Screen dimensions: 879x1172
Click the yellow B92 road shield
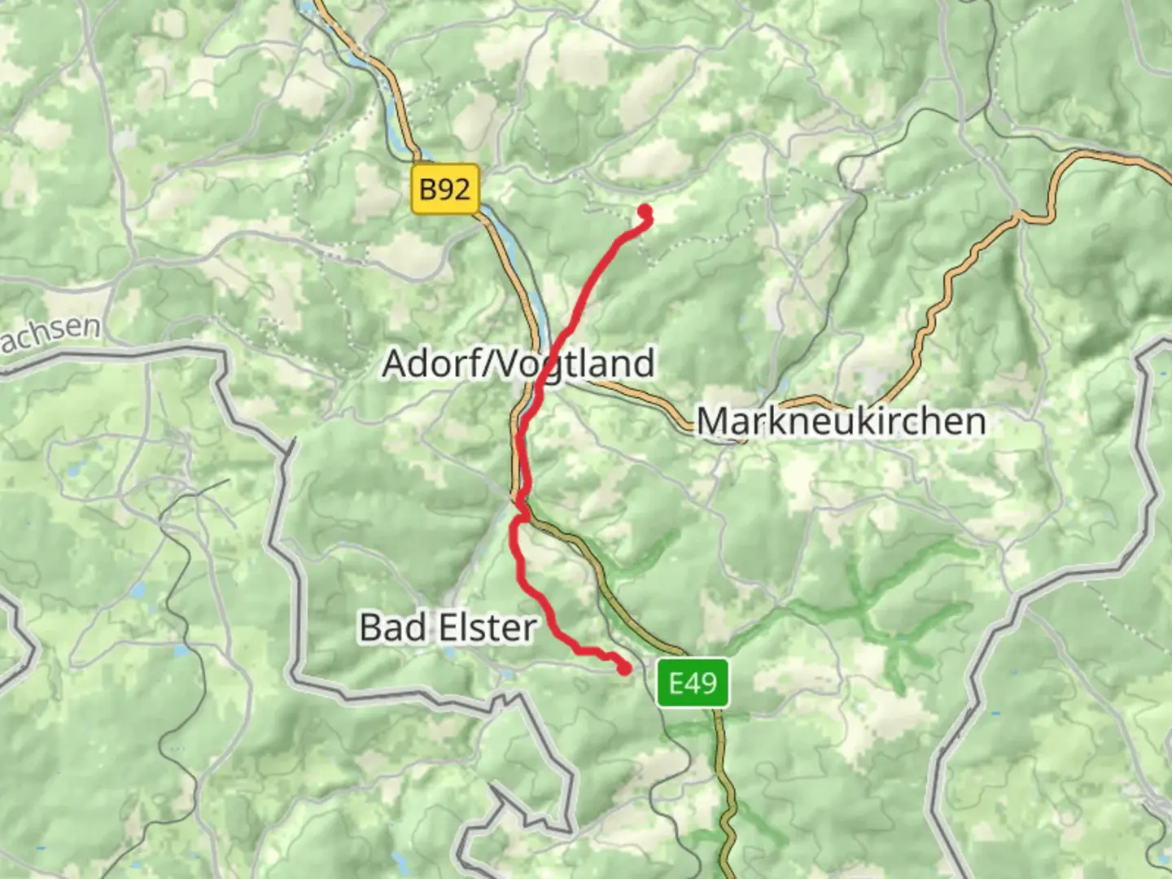(x=444, y=190)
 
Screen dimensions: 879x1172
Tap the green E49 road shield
(x=693, y=682)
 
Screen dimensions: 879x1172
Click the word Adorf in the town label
(x=428, y=363)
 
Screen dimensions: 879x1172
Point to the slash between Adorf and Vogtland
(x=483, y=363)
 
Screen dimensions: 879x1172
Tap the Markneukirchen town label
(x=841, y=421)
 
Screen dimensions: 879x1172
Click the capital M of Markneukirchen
(x=711, y=421)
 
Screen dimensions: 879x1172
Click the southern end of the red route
(x=624, y=669)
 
